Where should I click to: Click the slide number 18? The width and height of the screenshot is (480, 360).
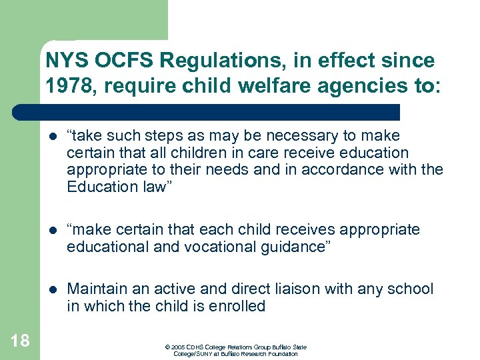point(20,341)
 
